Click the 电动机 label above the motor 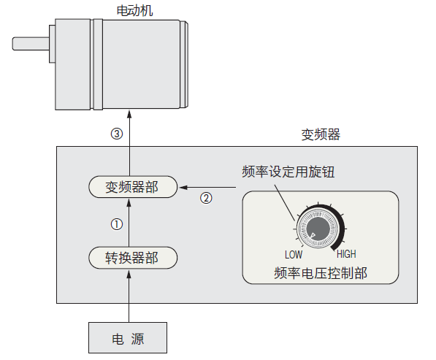coord(134,10)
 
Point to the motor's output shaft coord(31,44)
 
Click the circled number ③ coord(117,134)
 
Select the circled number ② coord(206,198)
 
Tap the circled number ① coord(117,224)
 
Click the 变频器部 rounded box coord(133,187)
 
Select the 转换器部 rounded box coord(133,258)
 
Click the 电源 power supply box coord(128,338)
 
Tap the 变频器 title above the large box coord(321,134)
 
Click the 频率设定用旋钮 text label coord(288,172)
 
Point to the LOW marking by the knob coord(294,255)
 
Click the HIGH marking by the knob coord(346,254)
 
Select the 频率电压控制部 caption coord(321,273)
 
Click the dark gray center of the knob coord(318,229)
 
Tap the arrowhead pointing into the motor coord(129,114)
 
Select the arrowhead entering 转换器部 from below coord(129,274)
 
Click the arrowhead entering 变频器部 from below coord(129,203)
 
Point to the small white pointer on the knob coord(313,236)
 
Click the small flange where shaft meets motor coord(52,44)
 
